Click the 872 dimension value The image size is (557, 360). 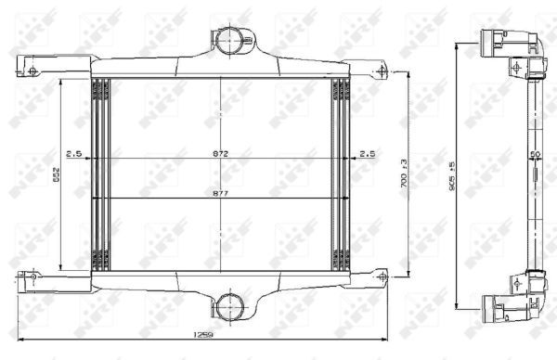pyautogui.click(x=220, y=152)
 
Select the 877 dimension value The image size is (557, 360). pyautogui.click(x=220, y=195)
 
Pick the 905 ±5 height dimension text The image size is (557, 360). pyautogui.click(x=452, y=174)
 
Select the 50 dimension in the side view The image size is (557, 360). pyautogui.click(x=535, y=153)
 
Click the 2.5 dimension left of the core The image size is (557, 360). pyautogui.click(x=73, y=152)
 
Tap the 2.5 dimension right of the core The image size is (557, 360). pyautogui.click(x=367, y=152)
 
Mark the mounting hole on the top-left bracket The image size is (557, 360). pyautogui.click(x=32, y=71)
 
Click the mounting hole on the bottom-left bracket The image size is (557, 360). pyautogui.click(x=33, y=276)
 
